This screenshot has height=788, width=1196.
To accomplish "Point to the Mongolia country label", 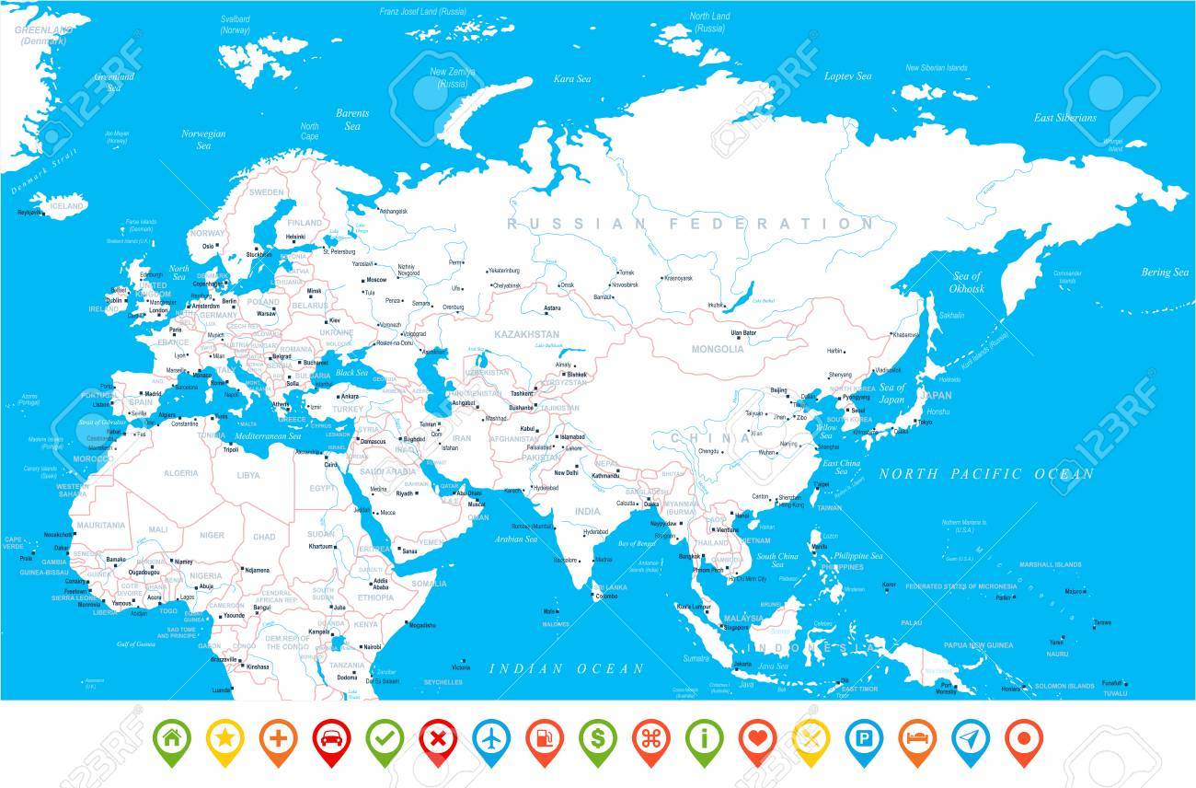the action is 718,349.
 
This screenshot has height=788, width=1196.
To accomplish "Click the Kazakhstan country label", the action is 526,333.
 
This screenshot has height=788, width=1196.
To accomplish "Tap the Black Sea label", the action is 351,373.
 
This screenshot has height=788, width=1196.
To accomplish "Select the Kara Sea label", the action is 571,80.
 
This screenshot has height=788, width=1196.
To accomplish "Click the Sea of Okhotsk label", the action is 967,283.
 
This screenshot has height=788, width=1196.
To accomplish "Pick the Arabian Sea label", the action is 515,539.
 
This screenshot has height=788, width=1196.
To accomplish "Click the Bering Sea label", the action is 1165,272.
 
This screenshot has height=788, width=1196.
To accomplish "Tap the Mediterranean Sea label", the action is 268,435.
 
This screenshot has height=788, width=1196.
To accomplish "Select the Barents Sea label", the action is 351,120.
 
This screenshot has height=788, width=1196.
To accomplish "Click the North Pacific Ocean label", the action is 986,475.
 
